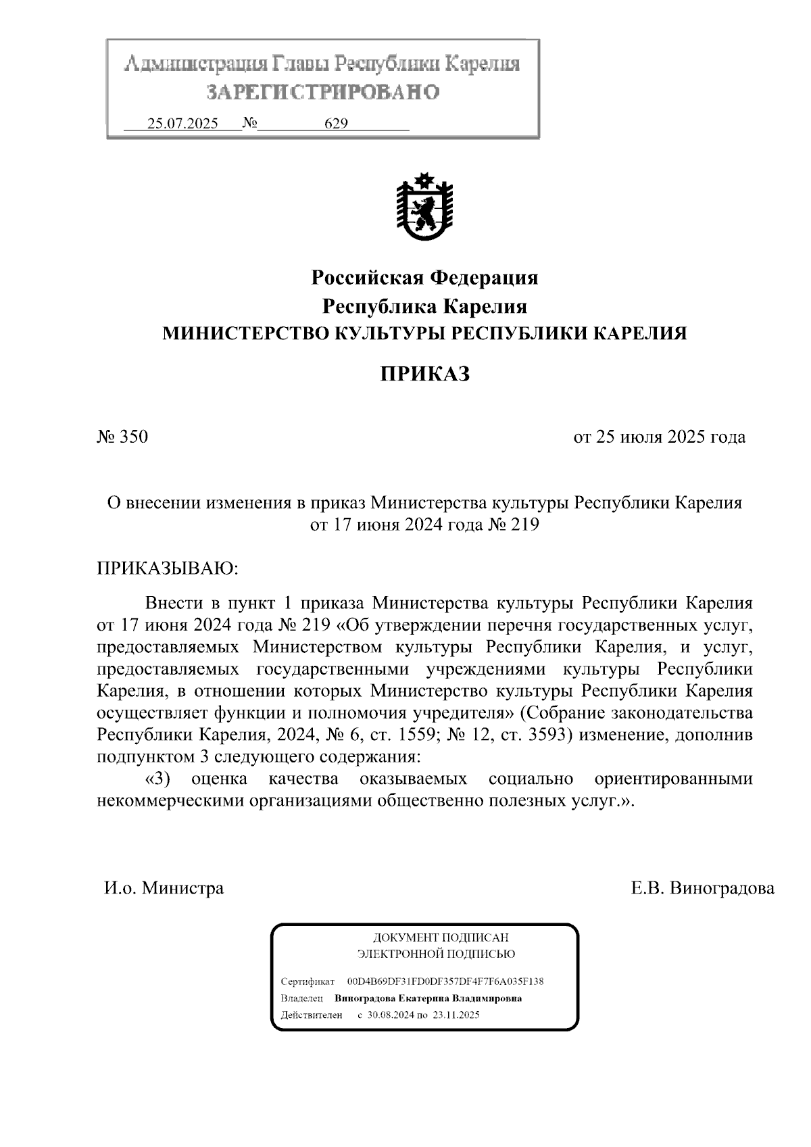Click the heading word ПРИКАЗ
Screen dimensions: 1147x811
pyautogui.click(x=424, y=374)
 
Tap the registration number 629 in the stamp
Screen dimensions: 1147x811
pyautogui.click(x=336, y=124)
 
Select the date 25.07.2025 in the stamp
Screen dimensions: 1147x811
pyautogui.click(x=182, y=124)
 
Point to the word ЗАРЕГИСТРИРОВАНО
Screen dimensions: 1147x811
pyautogui.click(x=322, y=92)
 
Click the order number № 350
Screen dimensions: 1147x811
pyautogui.click(x=122, y=437)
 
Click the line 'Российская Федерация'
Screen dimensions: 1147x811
pyautogui.click(x=424, y=277)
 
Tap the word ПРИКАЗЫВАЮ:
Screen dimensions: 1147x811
pyautogui.click(x=168, y=567)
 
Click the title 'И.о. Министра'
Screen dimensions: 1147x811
pyautogui.click(x=164, y=887)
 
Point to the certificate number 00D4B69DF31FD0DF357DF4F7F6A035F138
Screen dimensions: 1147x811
pyautogui.click(x=445, y=981)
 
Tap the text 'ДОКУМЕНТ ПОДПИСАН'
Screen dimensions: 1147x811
pyautogui.click(x=440, y=937)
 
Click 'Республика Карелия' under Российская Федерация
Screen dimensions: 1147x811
pyautogui.click(x=424, y=306)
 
